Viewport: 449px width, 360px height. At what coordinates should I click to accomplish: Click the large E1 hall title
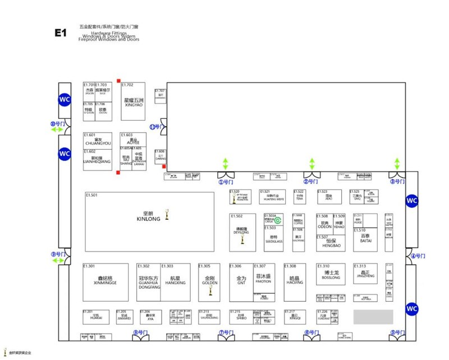pos(61,33)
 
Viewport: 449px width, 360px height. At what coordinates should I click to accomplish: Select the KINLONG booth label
pos(149,218)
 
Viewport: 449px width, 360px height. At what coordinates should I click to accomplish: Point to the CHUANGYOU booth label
pos(94,143)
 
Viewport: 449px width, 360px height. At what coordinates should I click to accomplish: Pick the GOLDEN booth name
pos(209,283)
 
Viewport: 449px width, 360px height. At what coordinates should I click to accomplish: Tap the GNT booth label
pos(241,283)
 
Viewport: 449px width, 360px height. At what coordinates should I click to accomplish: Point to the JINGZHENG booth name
pos(365,277)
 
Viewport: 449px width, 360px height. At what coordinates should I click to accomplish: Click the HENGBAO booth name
pos(331,245)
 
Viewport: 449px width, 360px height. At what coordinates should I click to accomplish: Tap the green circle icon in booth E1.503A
pos(277,220)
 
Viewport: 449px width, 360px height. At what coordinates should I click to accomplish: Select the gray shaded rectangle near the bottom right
pos(373,316)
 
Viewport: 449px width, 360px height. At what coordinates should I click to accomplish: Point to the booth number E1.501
pos(92,195)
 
